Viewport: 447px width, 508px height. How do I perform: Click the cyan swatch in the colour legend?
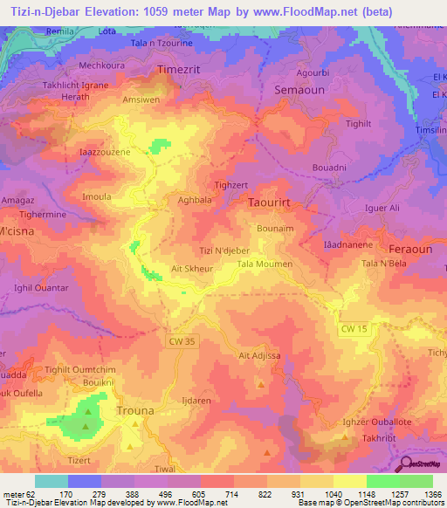tap(52, 481)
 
